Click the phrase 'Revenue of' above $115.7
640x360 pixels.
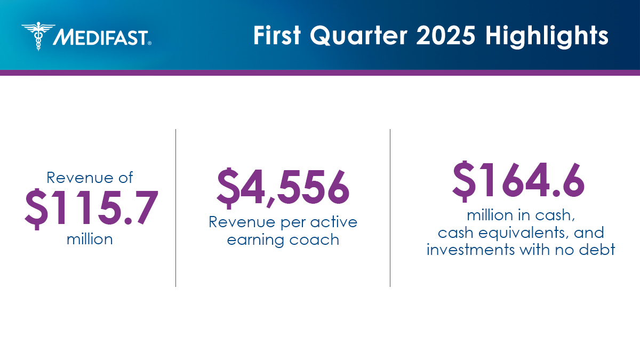(90, 177)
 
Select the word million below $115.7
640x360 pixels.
(90, 239)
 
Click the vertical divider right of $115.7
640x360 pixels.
(175, 207)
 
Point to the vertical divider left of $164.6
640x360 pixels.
(390, 207)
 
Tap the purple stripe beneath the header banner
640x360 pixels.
(320, 73)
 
